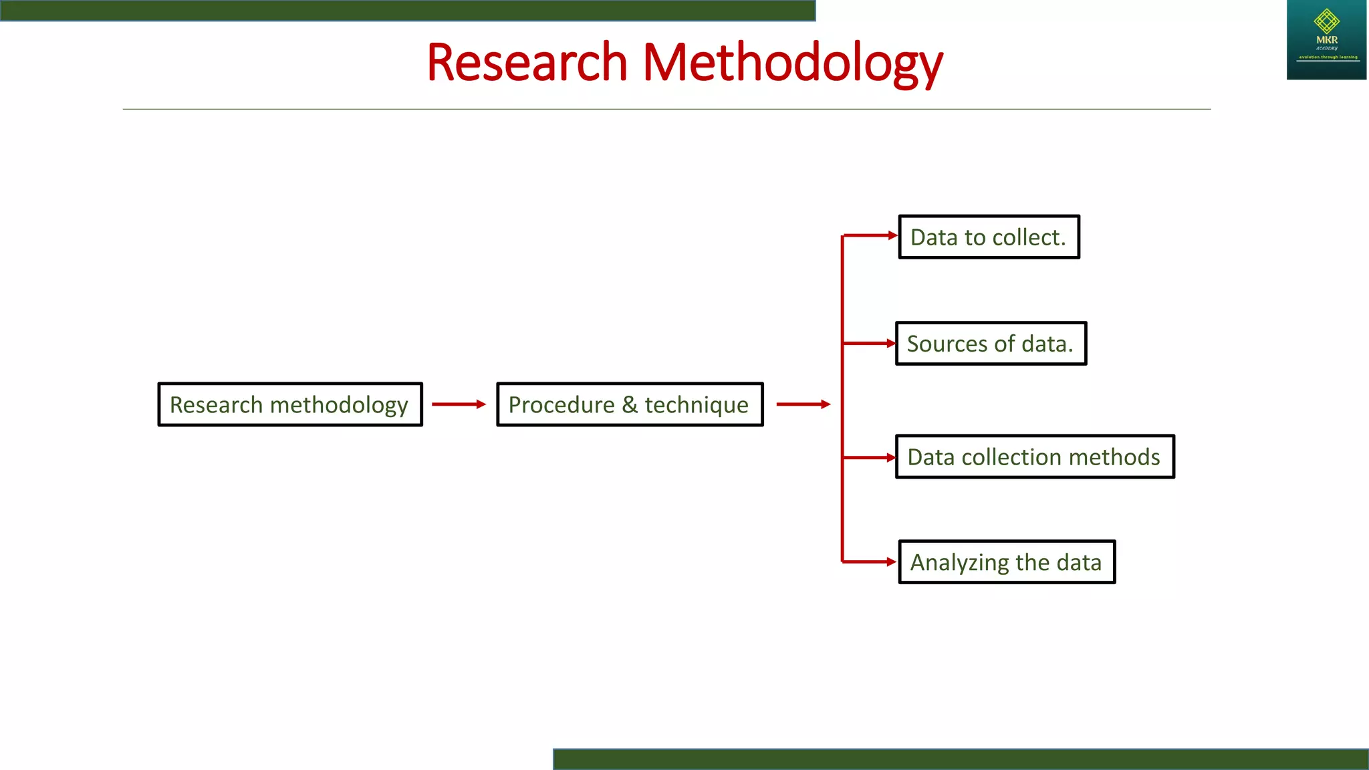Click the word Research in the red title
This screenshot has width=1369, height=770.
526,62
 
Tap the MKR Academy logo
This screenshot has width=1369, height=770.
1326,40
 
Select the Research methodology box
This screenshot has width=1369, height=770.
290,404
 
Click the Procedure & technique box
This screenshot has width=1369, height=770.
630,404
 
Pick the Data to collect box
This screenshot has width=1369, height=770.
989,237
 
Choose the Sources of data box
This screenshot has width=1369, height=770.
991,344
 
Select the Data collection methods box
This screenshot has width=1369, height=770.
1035,457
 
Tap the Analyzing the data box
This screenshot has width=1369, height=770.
1007,562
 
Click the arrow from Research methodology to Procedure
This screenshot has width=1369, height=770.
459,404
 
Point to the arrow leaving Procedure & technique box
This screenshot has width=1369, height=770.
803,404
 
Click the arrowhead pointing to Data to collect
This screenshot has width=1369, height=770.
892,235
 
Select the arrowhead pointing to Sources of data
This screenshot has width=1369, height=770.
891,344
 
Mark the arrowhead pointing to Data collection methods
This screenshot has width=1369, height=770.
891,458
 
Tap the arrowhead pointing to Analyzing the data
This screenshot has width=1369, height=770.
891,562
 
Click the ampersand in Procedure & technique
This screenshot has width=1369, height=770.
629,404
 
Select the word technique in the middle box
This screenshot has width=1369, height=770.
696,405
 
